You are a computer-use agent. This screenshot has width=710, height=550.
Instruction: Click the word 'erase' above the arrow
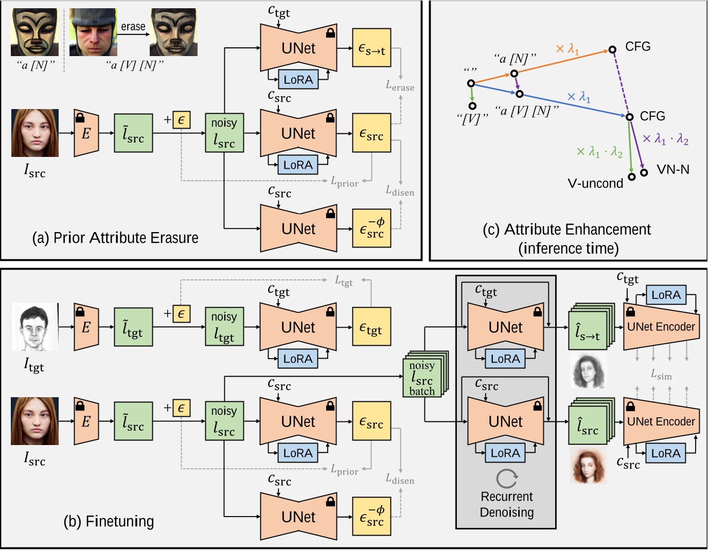pos(133,27)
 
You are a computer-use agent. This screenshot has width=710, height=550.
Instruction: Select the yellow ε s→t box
pos(371,48)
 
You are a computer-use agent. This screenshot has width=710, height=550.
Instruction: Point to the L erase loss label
pos(400,86)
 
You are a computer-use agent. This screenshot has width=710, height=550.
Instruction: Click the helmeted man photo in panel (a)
pos(93,32)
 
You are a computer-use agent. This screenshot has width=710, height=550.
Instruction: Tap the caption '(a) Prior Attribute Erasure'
pos(115,238)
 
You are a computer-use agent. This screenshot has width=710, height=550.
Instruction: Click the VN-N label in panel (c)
pos(672,170)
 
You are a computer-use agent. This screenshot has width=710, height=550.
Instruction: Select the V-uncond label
pos(595,183)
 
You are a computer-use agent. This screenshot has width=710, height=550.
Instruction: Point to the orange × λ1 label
pos(567,49)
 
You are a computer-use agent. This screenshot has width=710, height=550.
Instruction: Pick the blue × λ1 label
pos(578,97)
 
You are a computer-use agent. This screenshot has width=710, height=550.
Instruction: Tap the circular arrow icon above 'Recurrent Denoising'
pos(507,478)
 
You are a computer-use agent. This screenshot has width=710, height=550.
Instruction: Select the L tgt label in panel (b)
pos(344,281)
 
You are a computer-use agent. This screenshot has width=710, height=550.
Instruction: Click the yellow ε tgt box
pos(371,327)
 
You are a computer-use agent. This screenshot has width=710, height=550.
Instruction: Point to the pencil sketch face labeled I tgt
pos(34,327)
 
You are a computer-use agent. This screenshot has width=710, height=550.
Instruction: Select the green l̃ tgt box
pos(133,327)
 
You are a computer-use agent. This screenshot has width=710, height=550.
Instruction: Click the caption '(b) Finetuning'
pos(109,521)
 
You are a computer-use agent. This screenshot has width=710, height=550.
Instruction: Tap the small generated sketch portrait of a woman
pos(588,370)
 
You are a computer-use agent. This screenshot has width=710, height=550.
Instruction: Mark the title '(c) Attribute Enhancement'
pos(567,229)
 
